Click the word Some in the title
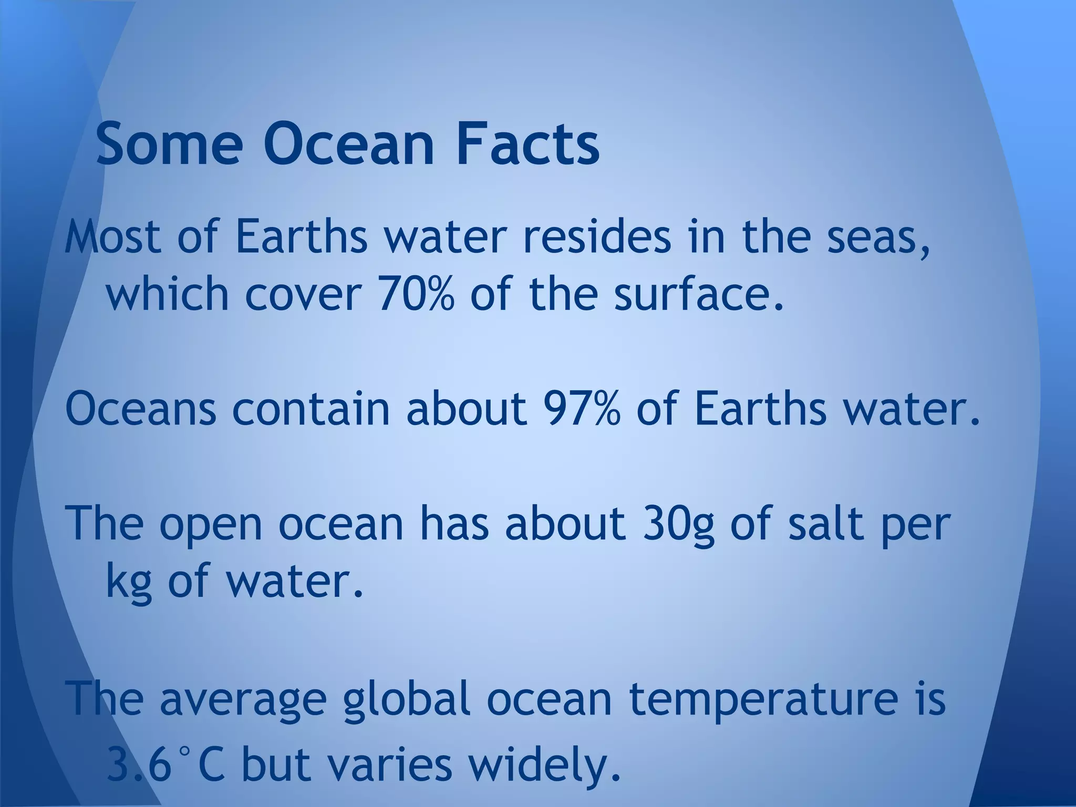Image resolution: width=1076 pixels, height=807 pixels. tap(169, 143)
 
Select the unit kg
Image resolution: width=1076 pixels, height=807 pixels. tap(129, 582)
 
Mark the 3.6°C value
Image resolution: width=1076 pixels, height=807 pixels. tap(166, 764)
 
